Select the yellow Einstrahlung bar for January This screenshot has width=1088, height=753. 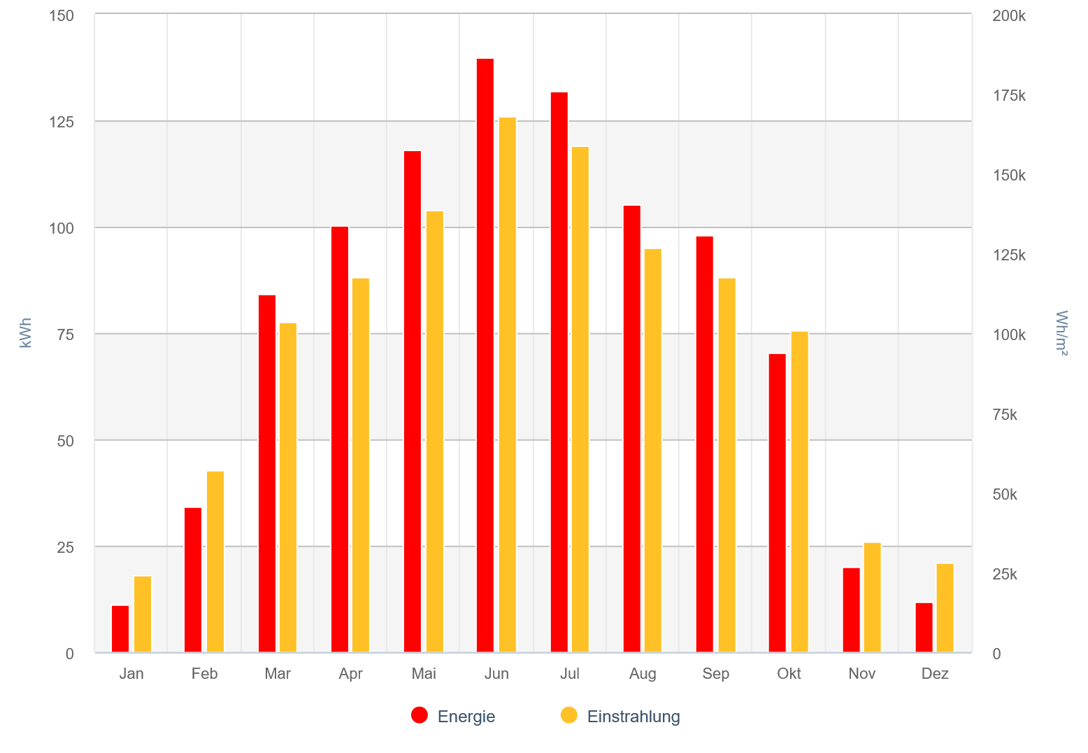click(x=143, y=614)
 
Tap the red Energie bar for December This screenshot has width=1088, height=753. click(x=924, y=628)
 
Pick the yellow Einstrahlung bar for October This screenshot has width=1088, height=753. click(x=799, y=492)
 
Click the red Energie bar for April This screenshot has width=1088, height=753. click(x=340, y=439)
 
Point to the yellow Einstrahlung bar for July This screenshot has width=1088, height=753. click(x=580, y=400)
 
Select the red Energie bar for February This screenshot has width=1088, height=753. click(x=193, y=580)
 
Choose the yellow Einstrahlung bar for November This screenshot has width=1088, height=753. click(x=873, y=598)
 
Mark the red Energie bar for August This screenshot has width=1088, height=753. click(x=632, y=429)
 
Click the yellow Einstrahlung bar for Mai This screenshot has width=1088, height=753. click(x=435, y=432)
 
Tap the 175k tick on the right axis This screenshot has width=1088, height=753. click(x=1009, y=96)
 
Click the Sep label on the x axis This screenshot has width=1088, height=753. click(x=716, y=674)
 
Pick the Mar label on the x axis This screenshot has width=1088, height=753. click(x=278, y=674)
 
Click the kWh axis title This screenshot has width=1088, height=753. click(x=26, y=333)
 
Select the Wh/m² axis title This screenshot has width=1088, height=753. click(x=1061, y=333)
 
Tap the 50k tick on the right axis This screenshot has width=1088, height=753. click(x=1005, y=495)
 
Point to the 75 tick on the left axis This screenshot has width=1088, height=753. click(x=65, y=335)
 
